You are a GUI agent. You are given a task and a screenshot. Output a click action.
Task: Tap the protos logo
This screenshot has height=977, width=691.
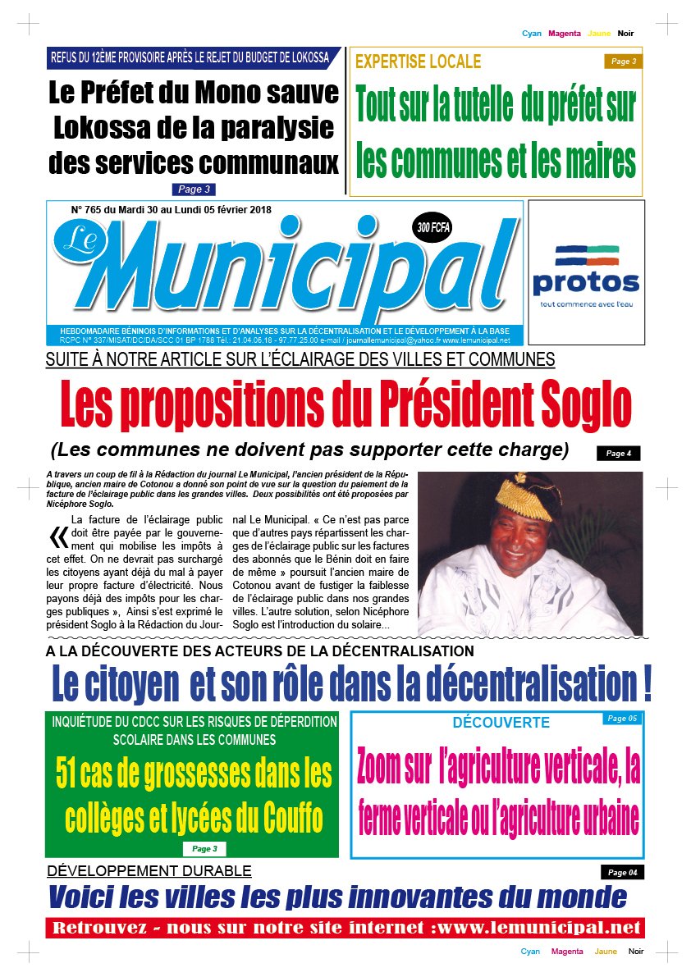tap(585, 270)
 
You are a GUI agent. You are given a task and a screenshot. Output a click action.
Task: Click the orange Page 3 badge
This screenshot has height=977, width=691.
tap(622, 61)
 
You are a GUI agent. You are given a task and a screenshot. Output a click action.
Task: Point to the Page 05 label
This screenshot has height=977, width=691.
tap(621, 719)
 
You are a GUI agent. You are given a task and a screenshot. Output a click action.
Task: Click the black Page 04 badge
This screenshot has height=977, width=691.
tap(621, 872)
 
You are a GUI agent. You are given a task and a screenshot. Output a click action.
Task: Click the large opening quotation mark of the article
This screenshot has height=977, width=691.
tap(58, 536)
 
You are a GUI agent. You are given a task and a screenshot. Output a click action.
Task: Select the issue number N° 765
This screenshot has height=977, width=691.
tap(89, 209)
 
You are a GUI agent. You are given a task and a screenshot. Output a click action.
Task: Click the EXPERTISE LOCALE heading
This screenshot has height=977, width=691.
tap(418, 62)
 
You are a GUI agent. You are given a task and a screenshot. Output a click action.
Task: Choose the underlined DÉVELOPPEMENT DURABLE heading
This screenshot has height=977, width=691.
tap(149, 870)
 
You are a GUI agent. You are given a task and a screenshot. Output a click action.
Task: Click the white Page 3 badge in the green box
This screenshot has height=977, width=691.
tap(204, 849)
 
